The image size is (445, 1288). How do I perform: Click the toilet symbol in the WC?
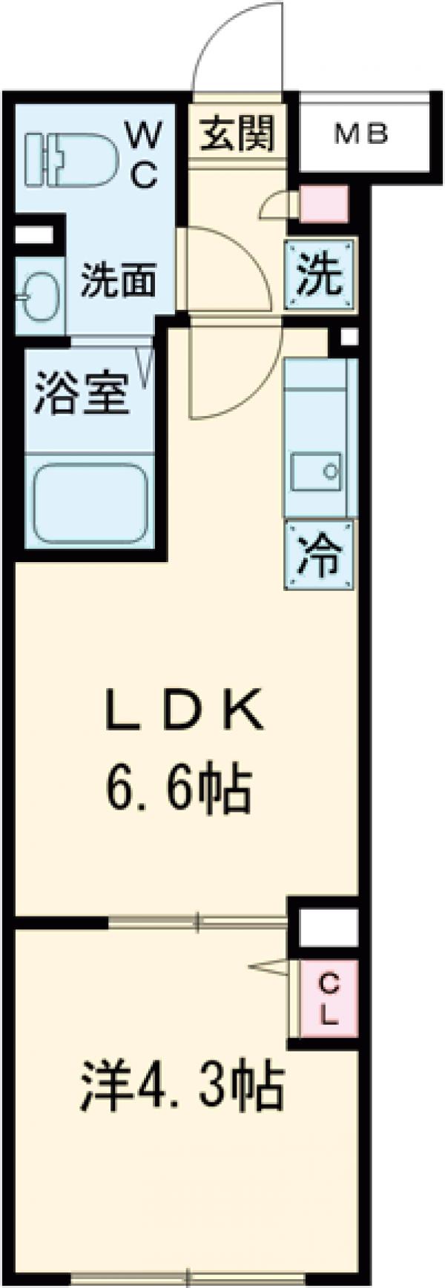click(x=72, y=158)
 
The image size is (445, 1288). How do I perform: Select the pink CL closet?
click(x=329, y=999)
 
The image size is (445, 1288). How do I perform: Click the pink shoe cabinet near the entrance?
click(x=324, y=202)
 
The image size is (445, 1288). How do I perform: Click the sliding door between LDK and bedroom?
click(x=197, y=922)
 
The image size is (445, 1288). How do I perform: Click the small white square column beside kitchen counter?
click(x=346, y=336)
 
